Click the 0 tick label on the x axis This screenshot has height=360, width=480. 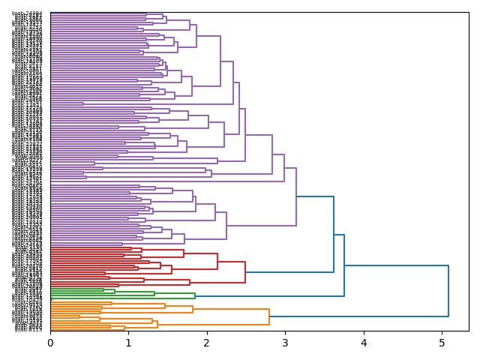[x=50, y=343]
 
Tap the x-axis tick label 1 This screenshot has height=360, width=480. [x=128, y=343]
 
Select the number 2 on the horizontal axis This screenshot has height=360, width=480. [x=207, y=343]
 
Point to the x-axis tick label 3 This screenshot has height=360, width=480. [x=285, y=343]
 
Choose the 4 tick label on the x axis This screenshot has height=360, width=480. [x=364, y=343]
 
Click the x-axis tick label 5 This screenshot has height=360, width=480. [x=442, y=343]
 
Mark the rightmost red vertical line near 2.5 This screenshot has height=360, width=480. [x=245, y=272]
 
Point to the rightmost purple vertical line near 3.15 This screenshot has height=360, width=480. [x=296, y=196]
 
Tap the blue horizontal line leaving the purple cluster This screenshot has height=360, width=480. [x=315, y=196]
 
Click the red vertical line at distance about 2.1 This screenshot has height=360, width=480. [x=217, y=261]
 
